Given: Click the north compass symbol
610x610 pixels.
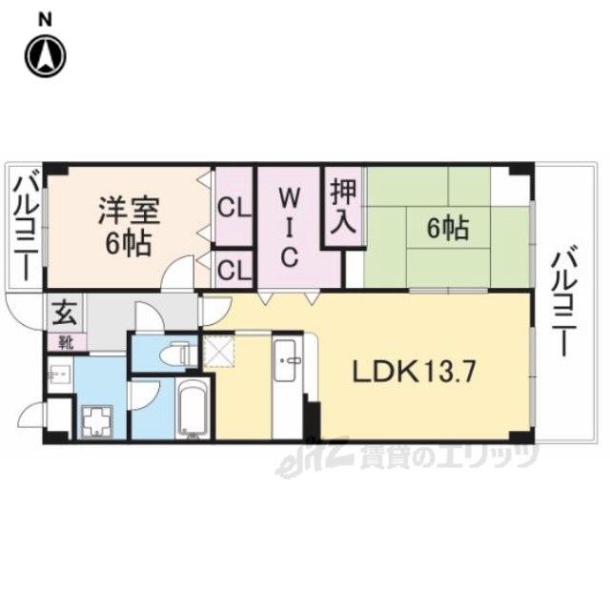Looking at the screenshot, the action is click(x=46, y=55).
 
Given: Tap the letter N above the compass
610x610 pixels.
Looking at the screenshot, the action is click(x=46, y=20).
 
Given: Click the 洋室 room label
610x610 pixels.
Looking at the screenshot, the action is click(x=129, y=211).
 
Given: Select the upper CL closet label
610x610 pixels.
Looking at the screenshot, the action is click(x=234, y=209).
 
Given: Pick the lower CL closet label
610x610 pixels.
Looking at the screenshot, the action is click(x=234, y=270).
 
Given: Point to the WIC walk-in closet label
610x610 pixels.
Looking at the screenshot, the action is click(x=289, y=228).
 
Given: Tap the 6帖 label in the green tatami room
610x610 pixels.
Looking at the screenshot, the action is click(x=448, y=229).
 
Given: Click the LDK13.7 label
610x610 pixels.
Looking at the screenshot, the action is click(x=414, y=372).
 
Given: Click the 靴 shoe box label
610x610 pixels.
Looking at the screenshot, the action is click(x=66, y=342).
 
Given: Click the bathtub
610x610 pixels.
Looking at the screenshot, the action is click(x=193, y=408).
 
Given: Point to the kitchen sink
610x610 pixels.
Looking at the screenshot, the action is click(x=290, y=360).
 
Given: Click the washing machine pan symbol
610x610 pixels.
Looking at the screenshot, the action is click(x=97, y=421).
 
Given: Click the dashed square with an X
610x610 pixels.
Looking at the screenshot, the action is click(x=219, y=353).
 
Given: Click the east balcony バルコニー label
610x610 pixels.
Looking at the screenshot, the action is click(x=563, y=299).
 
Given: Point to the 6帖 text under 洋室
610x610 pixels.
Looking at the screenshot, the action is click(x=129, y=245).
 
